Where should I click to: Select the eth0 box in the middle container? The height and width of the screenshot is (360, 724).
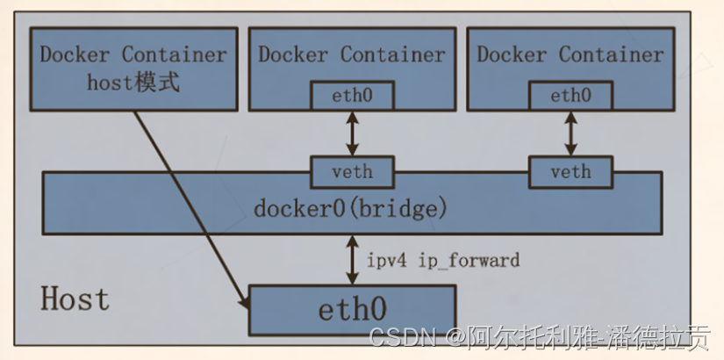pos(352,95)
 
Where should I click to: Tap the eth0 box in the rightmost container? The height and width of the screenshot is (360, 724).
pos(570,95)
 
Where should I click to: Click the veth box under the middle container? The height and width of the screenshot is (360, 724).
pos(352,171)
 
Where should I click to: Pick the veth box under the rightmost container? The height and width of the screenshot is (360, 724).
pos(570,171)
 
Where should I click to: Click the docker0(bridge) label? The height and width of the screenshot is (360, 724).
pos(351,209)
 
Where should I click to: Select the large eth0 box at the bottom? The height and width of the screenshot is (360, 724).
pos(352,310)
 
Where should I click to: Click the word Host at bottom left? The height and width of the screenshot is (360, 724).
pos(75,299)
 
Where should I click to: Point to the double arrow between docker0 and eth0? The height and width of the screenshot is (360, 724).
pos(352,260)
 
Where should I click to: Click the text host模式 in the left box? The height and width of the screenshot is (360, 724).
pos(133,83)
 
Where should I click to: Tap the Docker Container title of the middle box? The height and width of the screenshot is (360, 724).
pos(352,54)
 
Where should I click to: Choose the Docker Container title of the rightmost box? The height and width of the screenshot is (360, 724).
pos(570,54)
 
